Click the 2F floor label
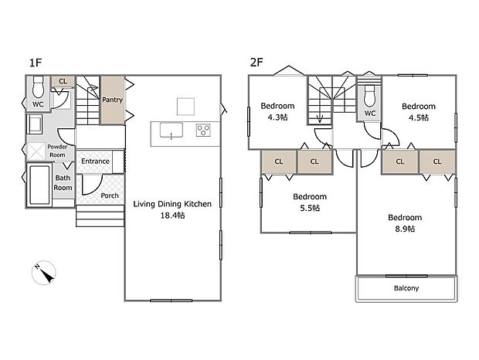coord(256,61)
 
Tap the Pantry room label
coord(112,100)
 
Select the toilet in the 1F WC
coord(37,91)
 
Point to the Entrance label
coord(96,161)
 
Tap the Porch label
coord(110,195)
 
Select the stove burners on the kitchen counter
coord(203,130)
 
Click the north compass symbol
coord(45,273)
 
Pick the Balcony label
coord(406,288)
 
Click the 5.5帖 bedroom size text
coord(309,209)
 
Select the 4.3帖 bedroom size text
coord(277,117)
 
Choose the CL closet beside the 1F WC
coord(63,80)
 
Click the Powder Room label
coord(58,150)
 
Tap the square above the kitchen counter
coord(184,105)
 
